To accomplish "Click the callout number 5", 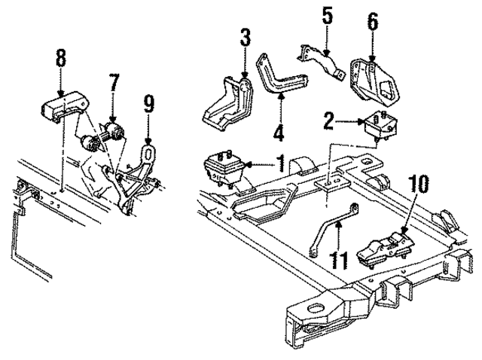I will pyautogui.click(x=325, y=15).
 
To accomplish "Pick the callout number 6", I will pyautogui.click(x=371, y=21).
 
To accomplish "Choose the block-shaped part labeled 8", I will pyautogui.click(x=61, y=106).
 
